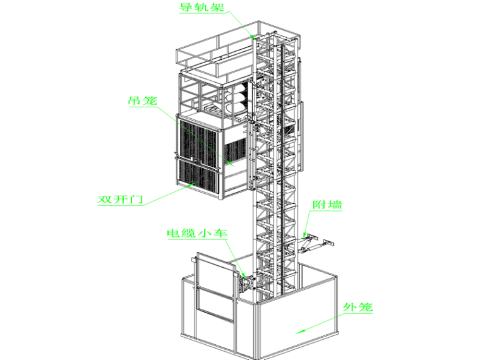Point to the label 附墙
click(328, 206)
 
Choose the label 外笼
click(358, 308)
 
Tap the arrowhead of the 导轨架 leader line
click(253, 37)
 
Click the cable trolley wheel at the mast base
click(244, 285)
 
